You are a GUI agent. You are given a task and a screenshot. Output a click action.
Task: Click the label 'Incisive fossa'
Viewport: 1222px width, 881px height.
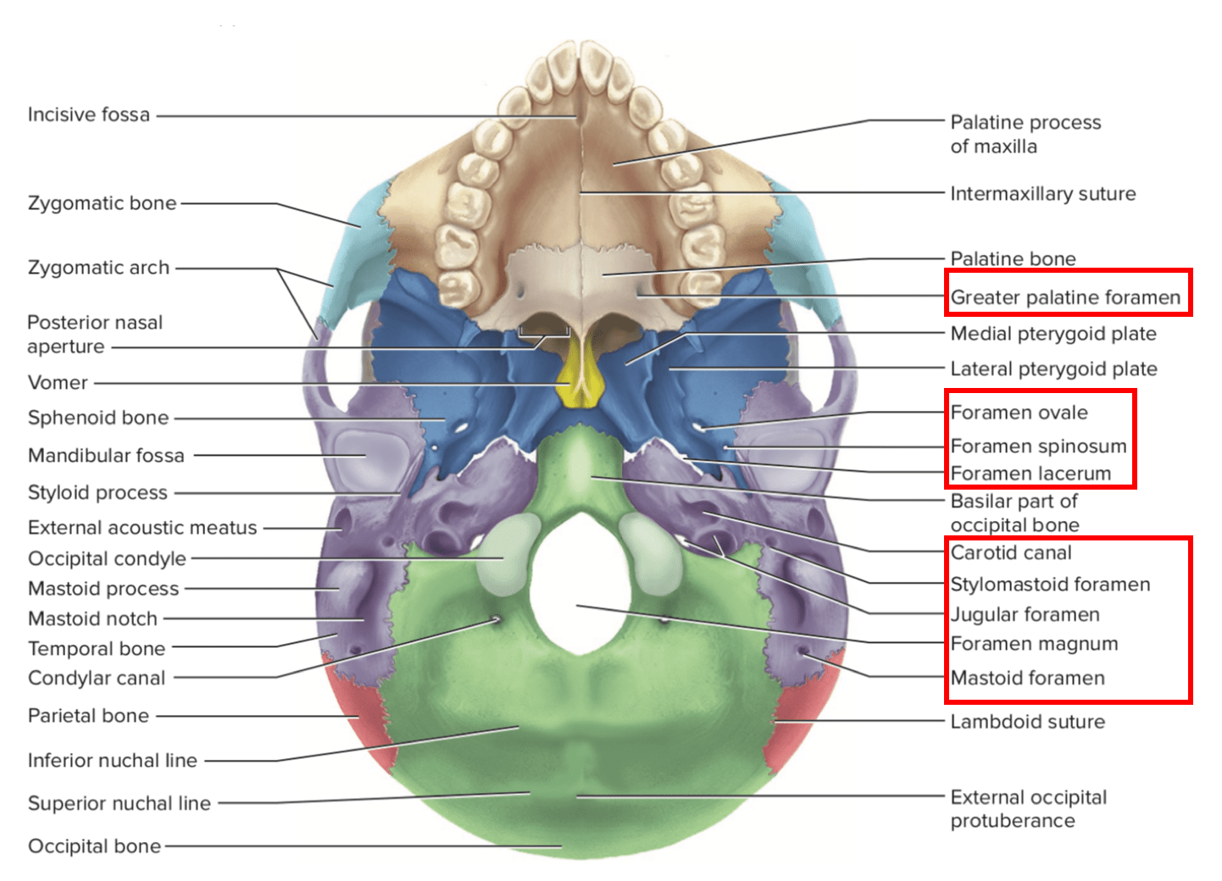pos(88,114)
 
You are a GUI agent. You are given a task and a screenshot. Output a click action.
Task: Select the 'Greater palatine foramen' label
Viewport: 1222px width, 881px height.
pos(1064,297)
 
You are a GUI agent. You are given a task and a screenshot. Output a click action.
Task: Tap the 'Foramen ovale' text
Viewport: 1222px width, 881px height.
pos(1019,413)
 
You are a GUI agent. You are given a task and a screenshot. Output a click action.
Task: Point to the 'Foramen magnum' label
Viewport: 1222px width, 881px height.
pos(1034,644)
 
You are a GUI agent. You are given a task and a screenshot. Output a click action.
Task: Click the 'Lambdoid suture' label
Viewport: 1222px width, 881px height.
pos(1027,722)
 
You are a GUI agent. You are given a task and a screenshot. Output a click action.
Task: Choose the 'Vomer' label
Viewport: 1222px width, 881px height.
pos(58,382)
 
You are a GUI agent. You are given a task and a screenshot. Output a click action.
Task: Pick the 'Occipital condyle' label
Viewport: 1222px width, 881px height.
pos(107,558)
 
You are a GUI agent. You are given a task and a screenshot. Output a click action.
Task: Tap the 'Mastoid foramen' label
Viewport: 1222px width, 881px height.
pos(1027,678)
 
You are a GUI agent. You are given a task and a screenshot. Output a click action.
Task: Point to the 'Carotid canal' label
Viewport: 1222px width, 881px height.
pos(1011,553)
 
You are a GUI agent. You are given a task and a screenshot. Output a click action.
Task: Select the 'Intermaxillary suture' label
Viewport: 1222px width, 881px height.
pos(1042,193)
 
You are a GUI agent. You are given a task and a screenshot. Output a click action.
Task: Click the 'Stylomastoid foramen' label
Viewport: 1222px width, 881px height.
pos(1050,585)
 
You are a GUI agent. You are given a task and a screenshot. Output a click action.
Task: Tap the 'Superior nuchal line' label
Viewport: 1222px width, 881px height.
pos(119,803)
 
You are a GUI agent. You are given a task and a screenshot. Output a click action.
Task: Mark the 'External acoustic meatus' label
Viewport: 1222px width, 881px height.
pos(142,528)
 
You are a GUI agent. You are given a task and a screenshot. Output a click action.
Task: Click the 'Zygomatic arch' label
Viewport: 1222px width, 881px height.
pos(98,268)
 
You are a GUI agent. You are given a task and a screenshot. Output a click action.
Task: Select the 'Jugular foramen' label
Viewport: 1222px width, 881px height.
pos(1025,614)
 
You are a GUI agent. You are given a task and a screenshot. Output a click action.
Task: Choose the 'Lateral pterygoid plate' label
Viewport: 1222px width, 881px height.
pos(1053,368)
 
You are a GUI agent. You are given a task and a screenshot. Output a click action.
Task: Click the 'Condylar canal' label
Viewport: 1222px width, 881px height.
pos(97,678)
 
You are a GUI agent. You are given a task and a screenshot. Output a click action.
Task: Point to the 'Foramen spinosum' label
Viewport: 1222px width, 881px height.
pos(1038,446)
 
